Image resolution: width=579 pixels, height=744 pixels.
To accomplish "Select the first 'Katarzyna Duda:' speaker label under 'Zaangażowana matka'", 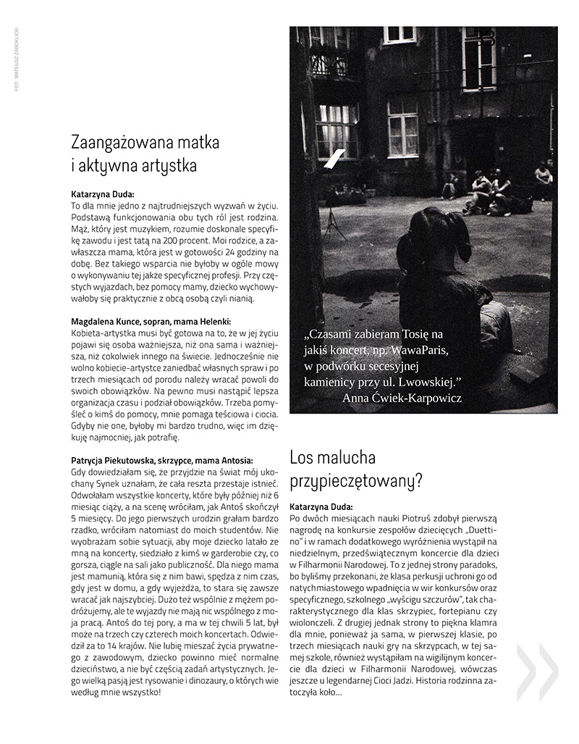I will tap(108, 195).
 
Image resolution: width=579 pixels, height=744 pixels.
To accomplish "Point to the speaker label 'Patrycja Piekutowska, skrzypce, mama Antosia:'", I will tap(162, 460).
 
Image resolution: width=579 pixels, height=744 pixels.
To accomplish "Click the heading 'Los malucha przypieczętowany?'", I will tap(356, 469).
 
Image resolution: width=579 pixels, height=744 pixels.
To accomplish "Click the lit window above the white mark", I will tap(337, 130).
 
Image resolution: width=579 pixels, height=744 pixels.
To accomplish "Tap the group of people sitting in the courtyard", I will tap(492, 192).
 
